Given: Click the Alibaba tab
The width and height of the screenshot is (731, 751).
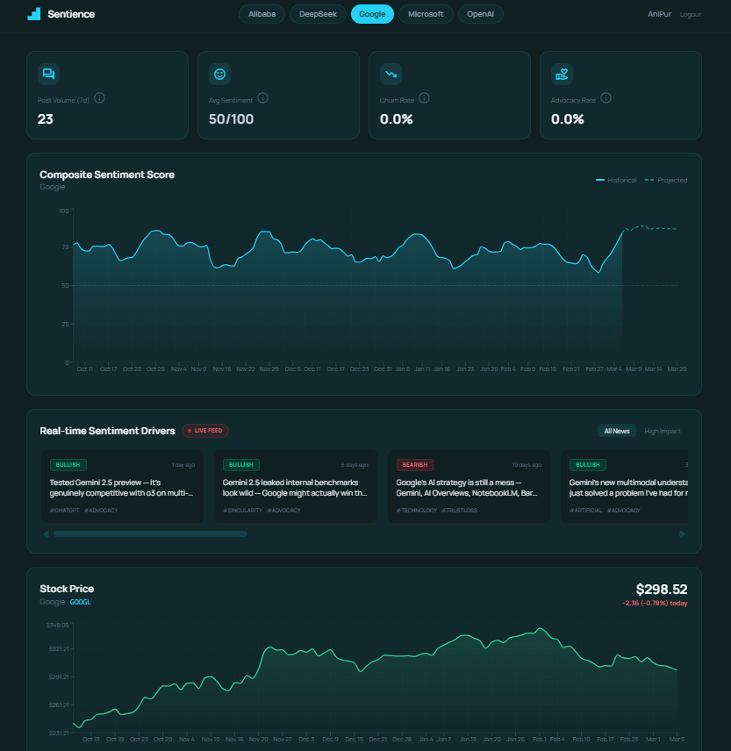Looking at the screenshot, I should (262, 14).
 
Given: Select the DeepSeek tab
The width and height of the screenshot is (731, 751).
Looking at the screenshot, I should (318, 14).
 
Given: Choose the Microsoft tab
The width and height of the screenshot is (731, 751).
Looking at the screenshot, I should (426, 14).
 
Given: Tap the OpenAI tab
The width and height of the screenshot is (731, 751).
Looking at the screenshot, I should (481, 14).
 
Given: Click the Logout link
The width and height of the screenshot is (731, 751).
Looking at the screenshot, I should (690, 15).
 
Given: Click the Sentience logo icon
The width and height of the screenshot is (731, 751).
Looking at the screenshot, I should (33, 14).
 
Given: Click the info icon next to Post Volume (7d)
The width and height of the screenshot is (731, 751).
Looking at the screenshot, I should (99, 98).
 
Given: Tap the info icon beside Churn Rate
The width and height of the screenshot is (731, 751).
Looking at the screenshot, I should (424, 98).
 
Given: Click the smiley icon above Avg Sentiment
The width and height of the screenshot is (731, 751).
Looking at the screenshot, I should (219, 74).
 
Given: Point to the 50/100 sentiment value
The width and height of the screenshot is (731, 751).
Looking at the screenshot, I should (231, 119).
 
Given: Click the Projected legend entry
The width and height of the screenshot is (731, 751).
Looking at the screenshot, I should (666, 180).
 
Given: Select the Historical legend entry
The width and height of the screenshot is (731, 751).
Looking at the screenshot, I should (616, 180).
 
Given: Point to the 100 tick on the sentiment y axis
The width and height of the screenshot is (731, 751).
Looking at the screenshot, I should (63, 211).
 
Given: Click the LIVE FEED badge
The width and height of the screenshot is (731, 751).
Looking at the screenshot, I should (206, 431).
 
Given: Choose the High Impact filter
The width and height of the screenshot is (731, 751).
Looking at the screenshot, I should (663, 431).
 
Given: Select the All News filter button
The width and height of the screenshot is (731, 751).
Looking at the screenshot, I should (616, 431).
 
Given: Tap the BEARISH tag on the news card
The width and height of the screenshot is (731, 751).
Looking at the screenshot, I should (414, 465).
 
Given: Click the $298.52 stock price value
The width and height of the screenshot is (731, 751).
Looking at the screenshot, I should (661, 590).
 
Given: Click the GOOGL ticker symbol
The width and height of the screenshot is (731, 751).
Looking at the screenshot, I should (80, 602).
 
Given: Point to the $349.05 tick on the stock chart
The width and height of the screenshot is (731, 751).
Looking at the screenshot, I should (57, 625).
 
